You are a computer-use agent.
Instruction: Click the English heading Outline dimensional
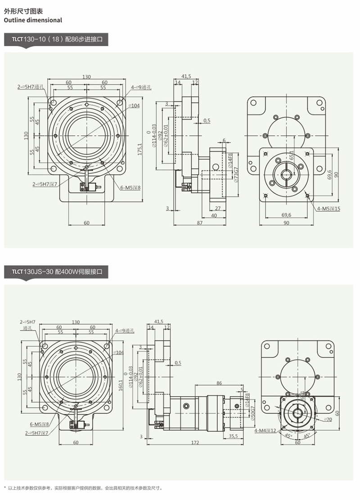point(33,20)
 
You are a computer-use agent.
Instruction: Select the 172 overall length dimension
point(195,442)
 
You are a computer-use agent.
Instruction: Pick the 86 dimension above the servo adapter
point(219,383)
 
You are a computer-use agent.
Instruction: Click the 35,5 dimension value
point(234,436)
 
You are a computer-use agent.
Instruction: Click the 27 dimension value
point(217,208)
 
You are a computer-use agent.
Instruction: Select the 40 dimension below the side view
point(214,216)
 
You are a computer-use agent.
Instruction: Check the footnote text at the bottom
point(85,488)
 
